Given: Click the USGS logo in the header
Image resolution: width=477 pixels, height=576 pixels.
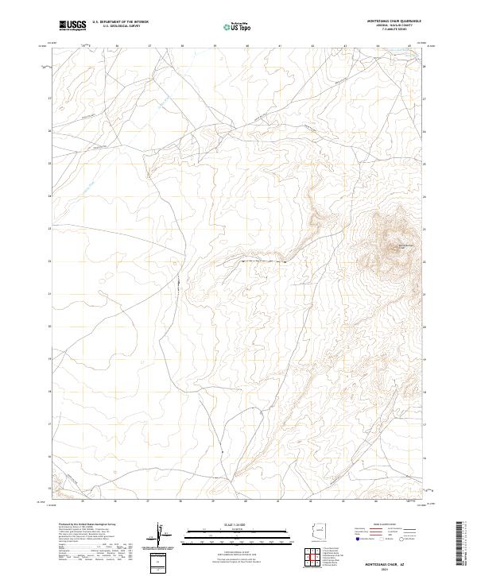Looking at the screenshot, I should [x=72, y=25].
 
